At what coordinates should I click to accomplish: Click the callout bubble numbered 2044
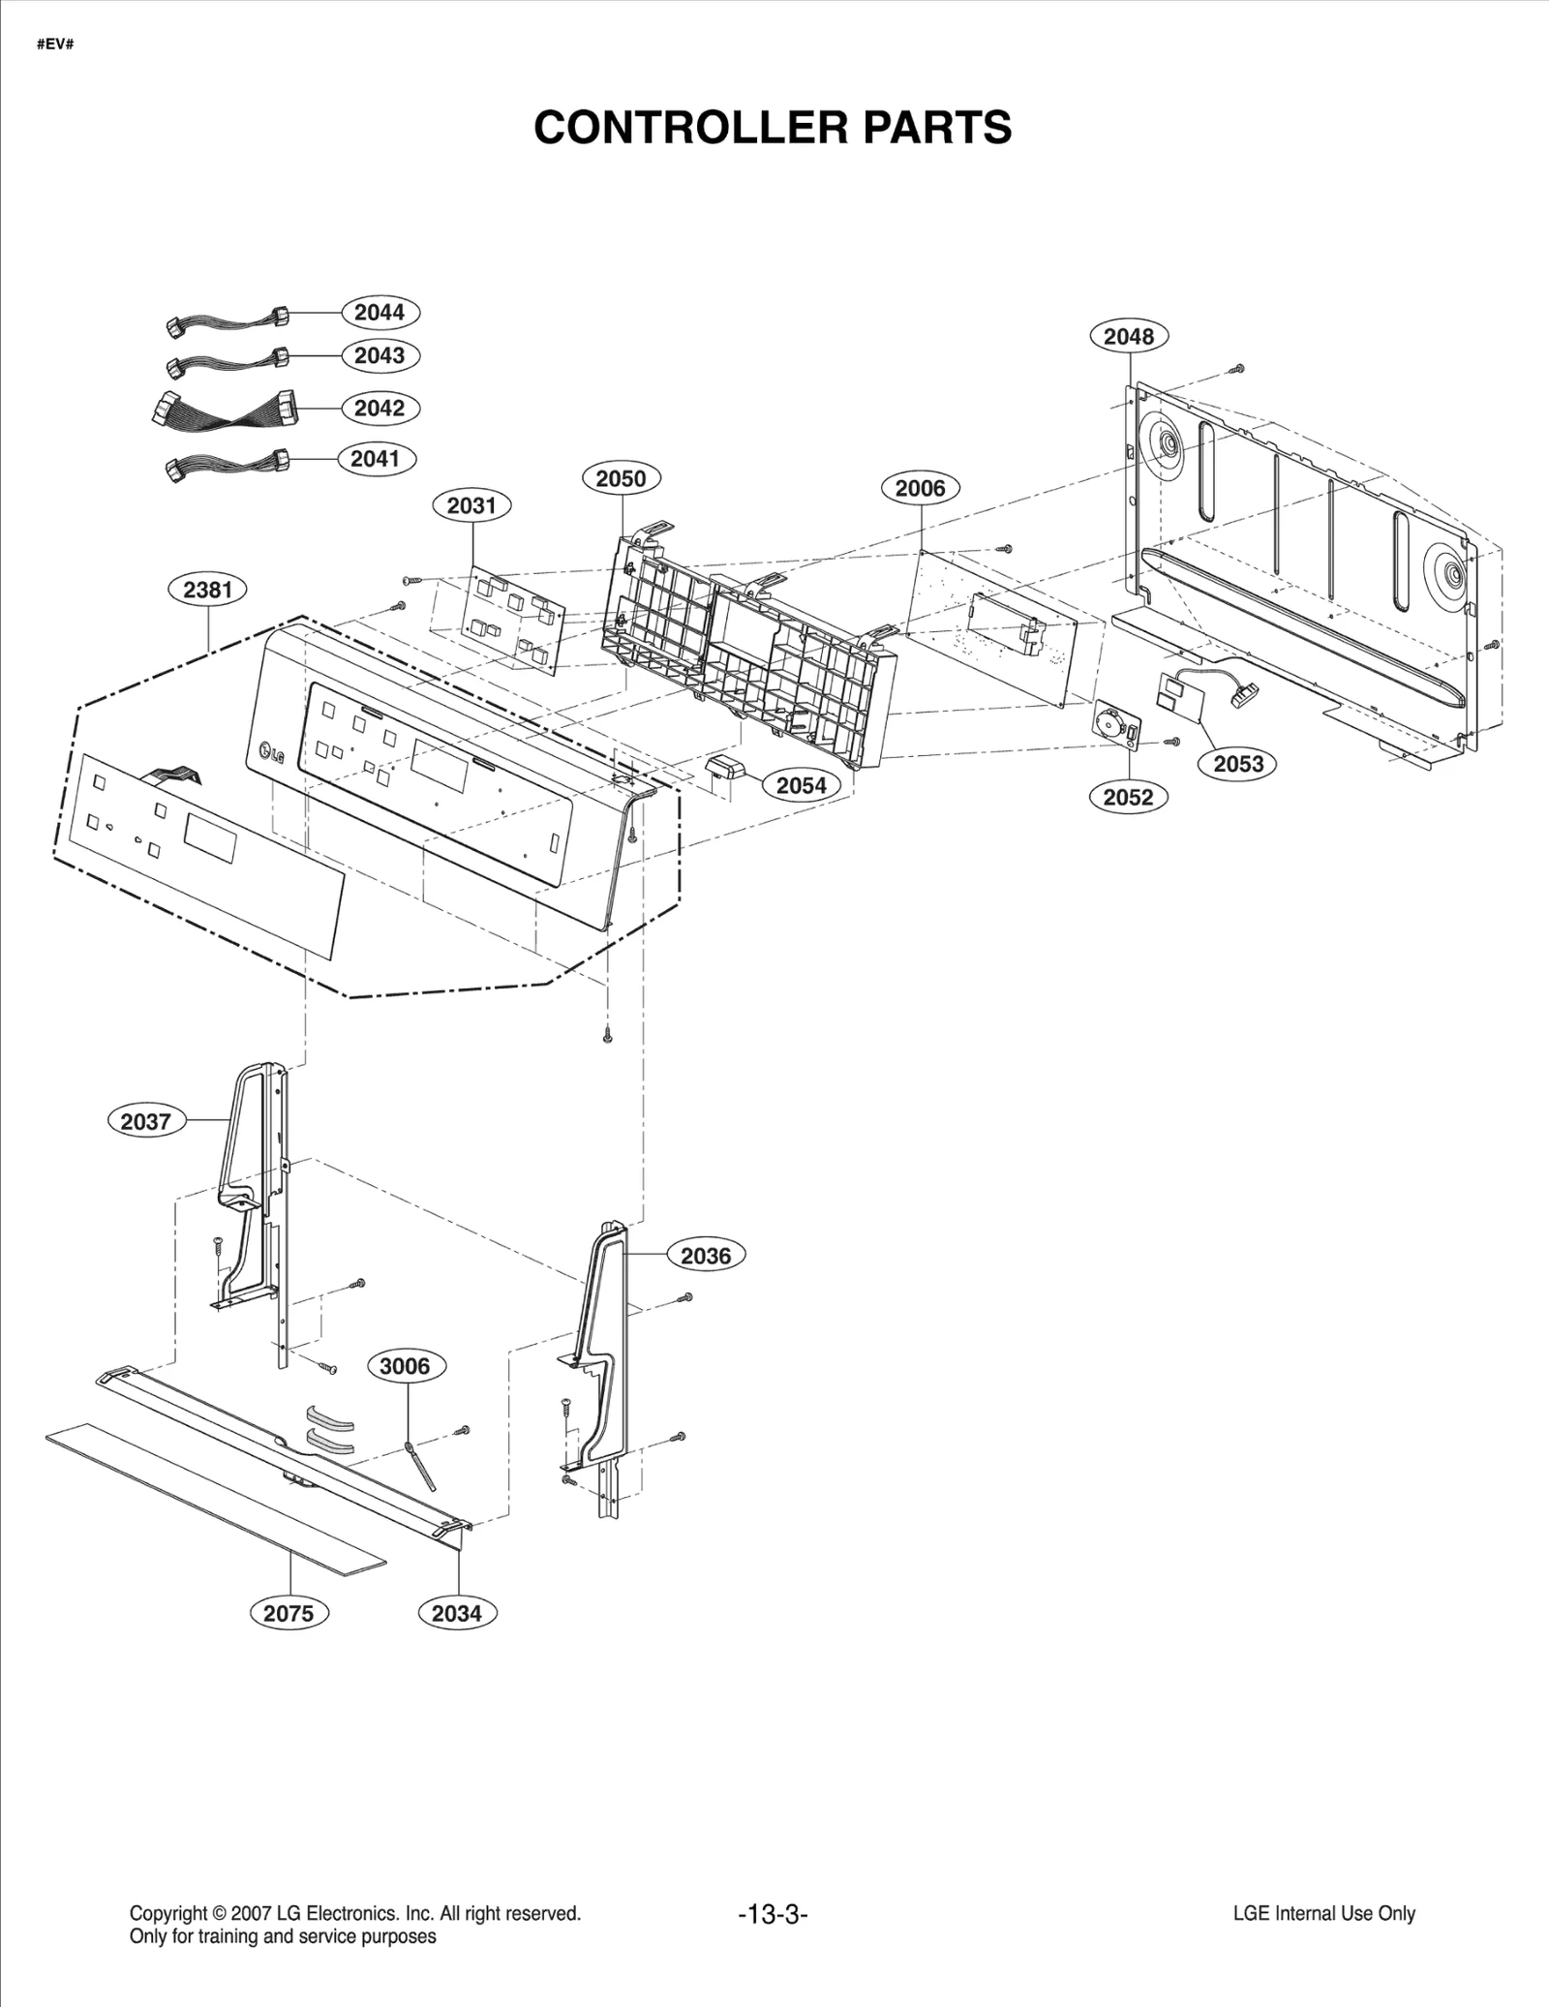pyautogui.click(x=379, y=312)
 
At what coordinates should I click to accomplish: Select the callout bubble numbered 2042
pyautogui.click(x=379, y=408)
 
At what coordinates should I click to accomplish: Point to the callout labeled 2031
pyautogui.click(x=471, y=504)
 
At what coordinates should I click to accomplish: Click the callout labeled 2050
pyautogui.click(x=621, y=478)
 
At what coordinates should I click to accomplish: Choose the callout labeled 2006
pyautogui.click(x=920, y=488)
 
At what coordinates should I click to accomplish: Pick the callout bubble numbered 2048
pyautogui.click(x=1129, y=336)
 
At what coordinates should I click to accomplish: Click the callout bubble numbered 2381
pyautogui.click(x=208, y=589)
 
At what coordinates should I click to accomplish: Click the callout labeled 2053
pyautogui.click(x=1238, y=764)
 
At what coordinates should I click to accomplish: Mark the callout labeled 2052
pyautogui.click(x=1129, y=797)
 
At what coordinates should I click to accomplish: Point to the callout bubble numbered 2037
pyautogui.click(x=145, y=1121)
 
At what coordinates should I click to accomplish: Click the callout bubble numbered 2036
pyautogui.click(x=706, y=1256)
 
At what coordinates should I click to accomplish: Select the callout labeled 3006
pyautogui.click(x=405, y=1366)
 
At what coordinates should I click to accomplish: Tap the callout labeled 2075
pyautogui.click(x=289, y=1613)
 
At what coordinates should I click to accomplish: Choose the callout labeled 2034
pyautogui.click(x=456, y=1613)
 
